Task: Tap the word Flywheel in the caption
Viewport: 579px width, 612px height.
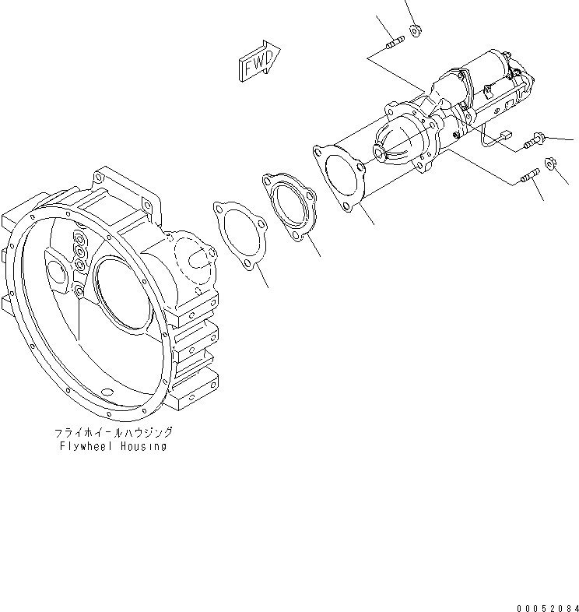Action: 85,447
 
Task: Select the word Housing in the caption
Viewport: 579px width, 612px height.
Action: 143,447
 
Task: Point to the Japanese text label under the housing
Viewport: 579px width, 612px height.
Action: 113,432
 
